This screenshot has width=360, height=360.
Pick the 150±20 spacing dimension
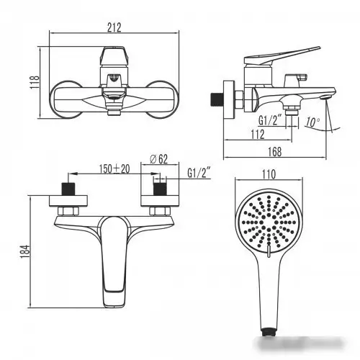(x=114, y=168)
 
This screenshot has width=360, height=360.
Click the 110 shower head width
(x=270, y=174)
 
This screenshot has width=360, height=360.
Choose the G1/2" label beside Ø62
(x=198, y=174)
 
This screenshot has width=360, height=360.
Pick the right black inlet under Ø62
(x=160, y=190)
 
